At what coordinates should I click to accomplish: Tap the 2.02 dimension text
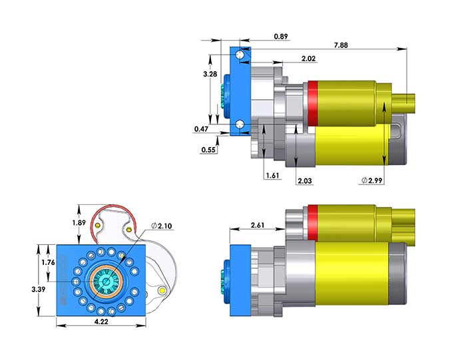308,59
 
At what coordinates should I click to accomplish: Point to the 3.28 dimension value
210,74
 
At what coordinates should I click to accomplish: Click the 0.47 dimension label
202,128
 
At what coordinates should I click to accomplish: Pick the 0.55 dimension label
209,150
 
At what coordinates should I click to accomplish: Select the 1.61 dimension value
272,175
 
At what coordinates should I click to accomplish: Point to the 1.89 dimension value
79,222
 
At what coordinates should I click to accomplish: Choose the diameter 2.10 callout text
161,226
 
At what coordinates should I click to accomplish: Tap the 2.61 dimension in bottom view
258,225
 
